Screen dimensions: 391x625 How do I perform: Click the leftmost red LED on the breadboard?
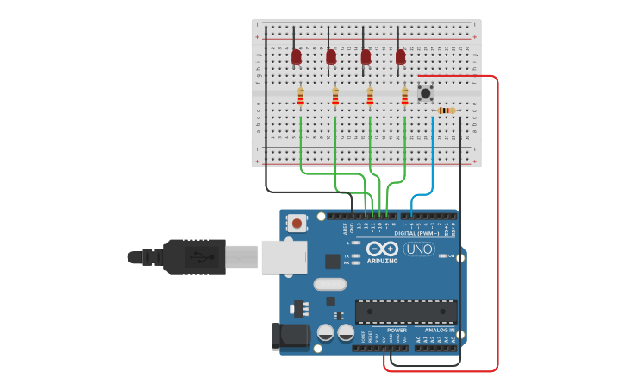[297, 57]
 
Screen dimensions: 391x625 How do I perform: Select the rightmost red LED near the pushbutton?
[400, 57]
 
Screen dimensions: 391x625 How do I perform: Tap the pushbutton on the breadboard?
[425, 92]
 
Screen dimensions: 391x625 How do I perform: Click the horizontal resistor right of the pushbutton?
[445, 110]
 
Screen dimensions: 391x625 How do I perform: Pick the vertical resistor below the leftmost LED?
[301, 98]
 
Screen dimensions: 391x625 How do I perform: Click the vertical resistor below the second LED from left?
[335, 98]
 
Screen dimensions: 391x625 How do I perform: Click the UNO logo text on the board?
[419, 249]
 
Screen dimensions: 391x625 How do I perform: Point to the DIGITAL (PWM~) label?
[416, 234]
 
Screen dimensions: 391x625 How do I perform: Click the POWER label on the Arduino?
[397, 330]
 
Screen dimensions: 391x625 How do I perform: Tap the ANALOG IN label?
[438, 330]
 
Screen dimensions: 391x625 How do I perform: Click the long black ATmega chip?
[406, 311]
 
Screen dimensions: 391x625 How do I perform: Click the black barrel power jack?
[291, 337]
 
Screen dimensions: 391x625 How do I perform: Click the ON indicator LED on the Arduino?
[441, 256]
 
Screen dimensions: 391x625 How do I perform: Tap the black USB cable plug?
[194, 256]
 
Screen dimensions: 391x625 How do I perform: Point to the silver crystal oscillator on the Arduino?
[329, 284]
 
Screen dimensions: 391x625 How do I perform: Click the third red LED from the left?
[366, 57]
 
